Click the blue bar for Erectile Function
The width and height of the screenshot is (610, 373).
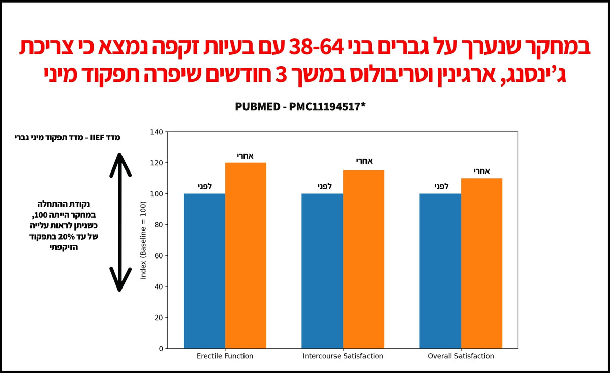(x=204, y=271)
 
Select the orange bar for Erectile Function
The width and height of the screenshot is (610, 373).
(x=246, y=255)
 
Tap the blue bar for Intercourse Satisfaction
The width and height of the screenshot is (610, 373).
(x=322, y=271)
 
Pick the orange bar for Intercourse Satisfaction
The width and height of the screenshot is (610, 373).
(x=363, y=259)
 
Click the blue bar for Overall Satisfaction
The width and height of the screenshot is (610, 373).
(x=440, y=271)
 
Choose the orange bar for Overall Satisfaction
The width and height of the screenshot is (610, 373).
(x=481, y=263)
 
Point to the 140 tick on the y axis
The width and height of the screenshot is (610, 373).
(x=157, y=132)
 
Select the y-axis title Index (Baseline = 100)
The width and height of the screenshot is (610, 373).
(x=143, y=240)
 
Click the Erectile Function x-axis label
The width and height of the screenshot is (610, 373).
(x=225, y=356)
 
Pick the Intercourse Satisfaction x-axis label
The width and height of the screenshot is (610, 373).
(x=343, y=356)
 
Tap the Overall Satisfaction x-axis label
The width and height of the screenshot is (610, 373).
(x=461, y=356)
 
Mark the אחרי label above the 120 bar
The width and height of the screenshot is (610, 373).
(x=246, y=156)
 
